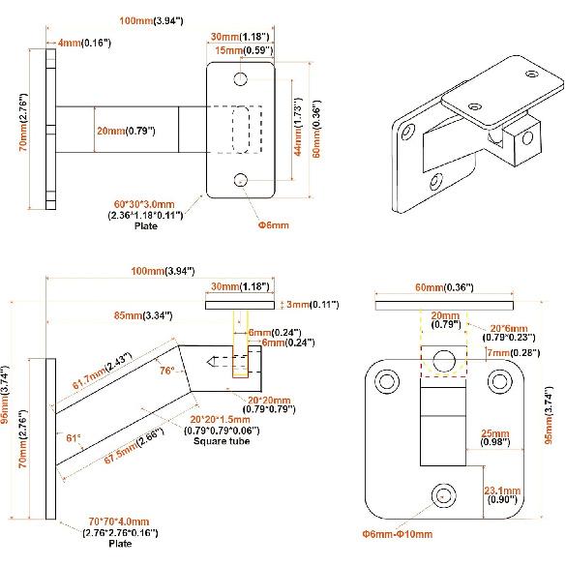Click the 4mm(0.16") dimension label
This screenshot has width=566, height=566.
click(x=84, y=43)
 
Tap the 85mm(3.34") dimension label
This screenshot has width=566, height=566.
click(x=143, y=314)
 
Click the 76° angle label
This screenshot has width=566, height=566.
click(x=166, y=371)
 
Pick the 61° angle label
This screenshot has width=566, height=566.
click(x=72, y=437)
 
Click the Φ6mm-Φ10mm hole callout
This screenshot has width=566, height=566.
click(x=398, y=533)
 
